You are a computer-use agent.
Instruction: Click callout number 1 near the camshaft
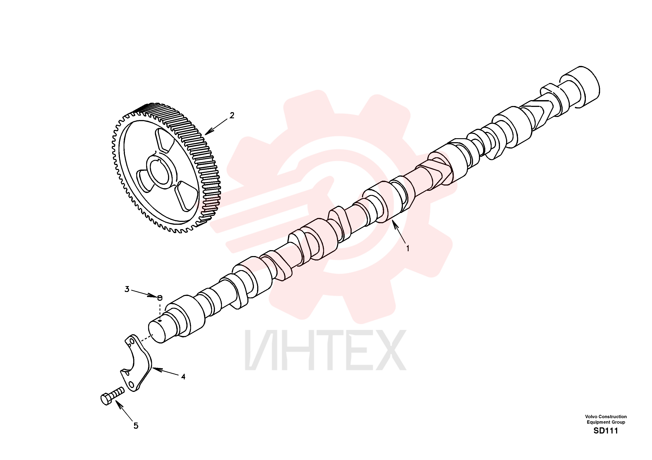pyautogui.click(x=408, y=248)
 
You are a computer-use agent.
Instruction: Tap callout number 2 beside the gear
pyautogui.click(x=232, y=116)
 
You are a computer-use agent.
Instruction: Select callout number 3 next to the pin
pyautogui.click(x=127, y=289)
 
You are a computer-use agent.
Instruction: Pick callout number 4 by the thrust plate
pyautogui.click(x=183, y=377)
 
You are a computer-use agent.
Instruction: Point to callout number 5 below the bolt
pyautogui.click(x=136, y=426)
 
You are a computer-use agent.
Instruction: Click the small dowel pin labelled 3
pyautogui.click(x=160, y=297)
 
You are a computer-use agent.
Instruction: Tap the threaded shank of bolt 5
pyautogui.click(x=118, y=392)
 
